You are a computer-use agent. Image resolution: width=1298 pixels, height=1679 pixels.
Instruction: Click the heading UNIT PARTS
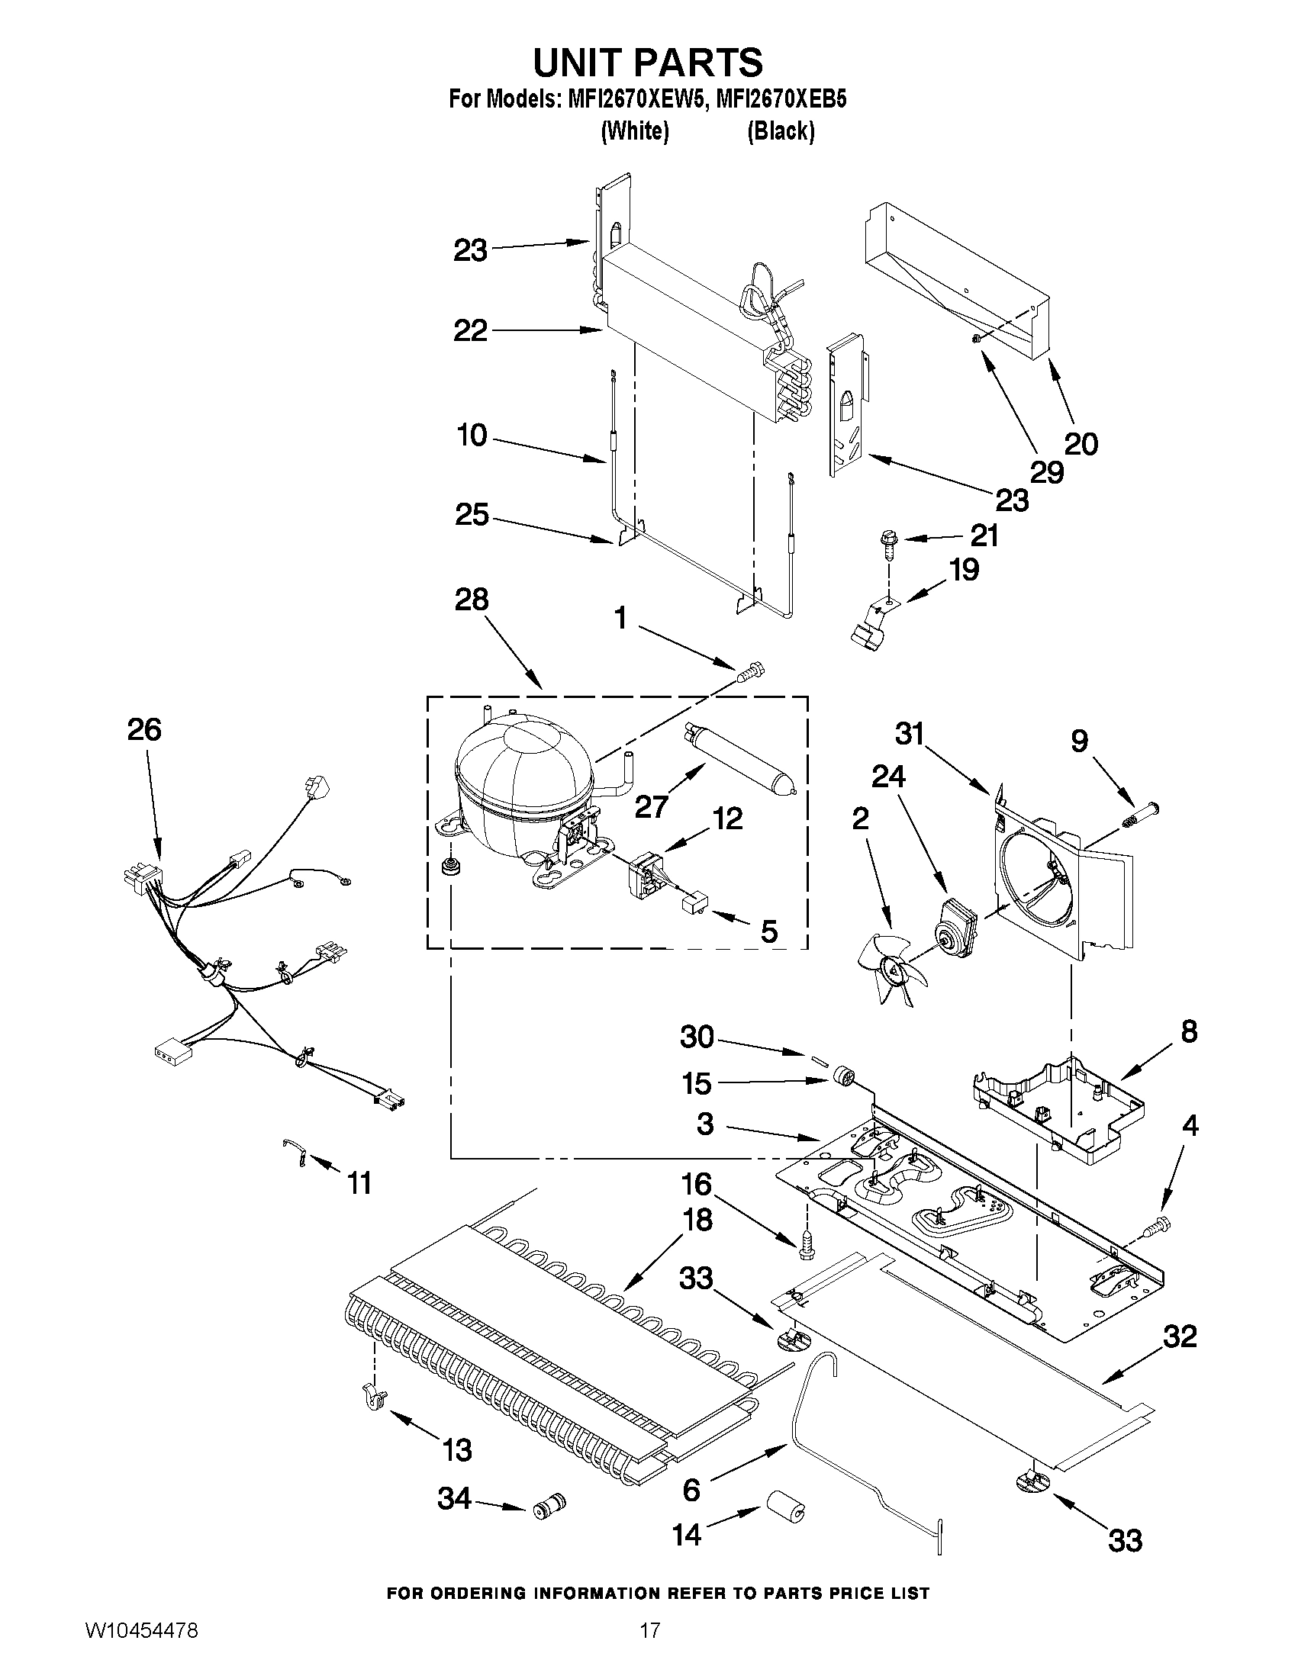click(647, 63)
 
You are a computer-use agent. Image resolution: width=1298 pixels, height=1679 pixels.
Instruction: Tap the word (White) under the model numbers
click(633, 131)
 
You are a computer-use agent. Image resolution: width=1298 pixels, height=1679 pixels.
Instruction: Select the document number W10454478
click(141, 1649)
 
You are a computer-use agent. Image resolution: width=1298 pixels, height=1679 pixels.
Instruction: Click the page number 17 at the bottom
click(650, 1649)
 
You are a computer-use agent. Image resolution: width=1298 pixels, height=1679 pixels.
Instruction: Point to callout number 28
click(472, 600)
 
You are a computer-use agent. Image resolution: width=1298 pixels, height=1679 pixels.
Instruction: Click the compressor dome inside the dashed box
click(523, 769)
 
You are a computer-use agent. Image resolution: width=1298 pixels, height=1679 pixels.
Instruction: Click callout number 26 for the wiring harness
click(143, 729)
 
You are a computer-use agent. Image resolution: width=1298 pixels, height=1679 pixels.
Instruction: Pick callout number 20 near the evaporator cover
click(1081, 443)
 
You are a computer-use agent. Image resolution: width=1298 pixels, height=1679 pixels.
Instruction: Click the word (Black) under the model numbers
click(781, 131)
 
